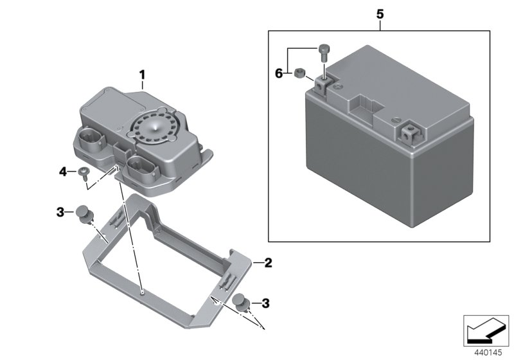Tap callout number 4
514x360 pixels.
[63, 172]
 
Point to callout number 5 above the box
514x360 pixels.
[380, 12]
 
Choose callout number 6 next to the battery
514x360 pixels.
[279, 74]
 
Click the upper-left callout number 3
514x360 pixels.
[60, 212]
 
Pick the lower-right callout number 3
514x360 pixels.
[265, 302]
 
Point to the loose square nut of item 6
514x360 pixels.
[299, 74]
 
